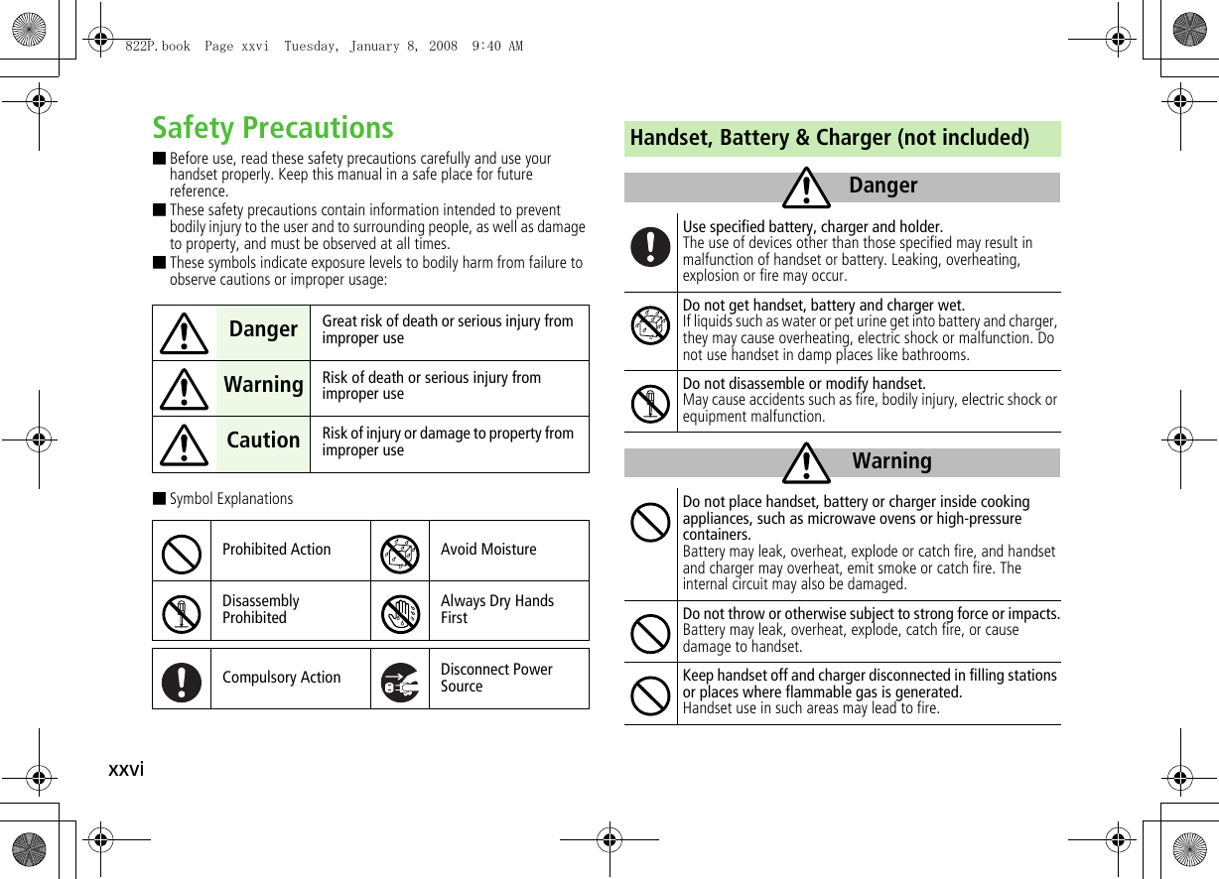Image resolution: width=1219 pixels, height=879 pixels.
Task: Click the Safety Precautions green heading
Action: [273, 128]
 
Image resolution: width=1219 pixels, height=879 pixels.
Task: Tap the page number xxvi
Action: [126, 769]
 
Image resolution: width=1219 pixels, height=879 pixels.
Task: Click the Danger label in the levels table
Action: [263, 329]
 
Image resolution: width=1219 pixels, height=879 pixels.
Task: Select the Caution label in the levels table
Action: [263, 440]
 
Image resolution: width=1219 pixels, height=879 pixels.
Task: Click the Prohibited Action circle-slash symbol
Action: [181, 552]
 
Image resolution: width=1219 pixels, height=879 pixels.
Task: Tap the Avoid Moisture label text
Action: [488, 550]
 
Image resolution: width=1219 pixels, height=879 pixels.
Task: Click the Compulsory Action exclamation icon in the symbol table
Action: [181, 680]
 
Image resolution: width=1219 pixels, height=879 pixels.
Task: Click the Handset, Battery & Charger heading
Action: [829, 138]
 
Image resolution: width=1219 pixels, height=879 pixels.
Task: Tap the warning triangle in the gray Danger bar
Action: [805, 188]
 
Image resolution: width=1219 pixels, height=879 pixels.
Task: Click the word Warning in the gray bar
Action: [891, 461]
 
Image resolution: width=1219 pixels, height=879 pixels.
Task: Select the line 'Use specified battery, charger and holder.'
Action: [812, 227]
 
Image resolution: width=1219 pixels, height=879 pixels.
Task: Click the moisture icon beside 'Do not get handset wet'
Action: [650, 326]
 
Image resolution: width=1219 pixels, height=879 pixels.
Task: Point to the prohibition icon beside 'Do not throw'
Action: [650, 633]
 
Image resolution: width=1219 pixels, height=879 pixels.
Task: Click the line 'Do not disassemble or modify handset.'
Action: [804, 384]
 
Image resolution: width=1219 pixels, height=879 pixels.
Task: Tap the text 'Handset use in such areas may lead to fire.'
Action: [810, 708]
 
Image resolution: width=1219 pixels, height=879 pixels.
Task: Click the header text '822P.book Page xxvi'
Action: [198, 46]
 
